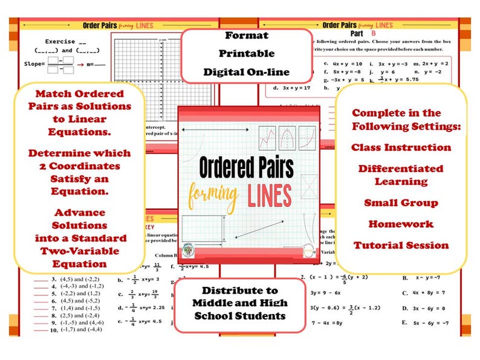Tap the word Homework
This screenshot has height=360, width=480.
401,224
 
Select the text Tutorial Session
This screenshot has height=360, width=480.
401,245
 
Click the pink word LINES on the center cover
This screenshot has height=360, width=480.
270,195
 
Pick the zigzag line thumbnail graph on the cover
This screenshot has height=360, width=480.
267,138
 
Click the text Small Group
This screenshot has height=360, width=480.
401,203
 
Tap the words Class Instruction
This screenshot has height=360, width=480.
401,147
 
